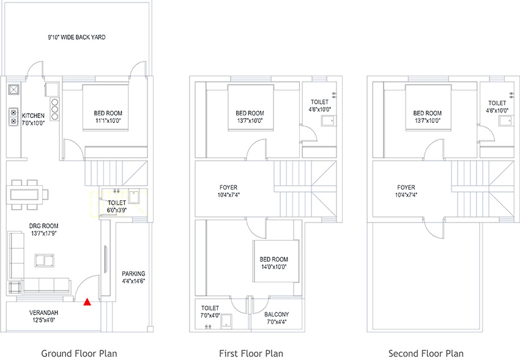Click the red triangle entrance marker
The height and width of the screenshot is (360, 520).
tap(87, 302)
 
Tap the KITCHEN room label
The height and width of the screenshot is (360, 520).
tap(33, 116)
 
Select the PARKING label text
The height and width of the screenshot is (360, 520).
tap(133, 274)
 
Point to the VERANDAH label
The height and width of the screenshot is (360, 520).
tap(43, 312)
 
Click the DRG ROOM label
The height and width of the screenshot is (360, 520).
tap(44, 226)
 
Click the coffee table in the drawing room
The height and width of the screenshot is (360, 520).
tap(45, 260)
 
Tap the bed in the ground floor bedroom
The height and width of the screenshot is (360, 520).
tap(105, 108)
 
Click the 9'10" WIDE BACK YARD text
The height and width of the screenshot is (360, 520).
tap(76, 37)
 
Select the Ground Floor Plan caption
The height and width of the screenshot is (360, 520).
tap(79, 353)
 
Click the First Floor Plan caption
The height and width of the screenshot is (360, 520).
tap(251, 353)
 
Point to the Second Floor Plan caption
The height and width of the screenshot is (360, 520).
tap(426, 353)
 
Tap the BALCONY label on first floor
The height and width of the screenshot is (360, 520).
tap(277, 314)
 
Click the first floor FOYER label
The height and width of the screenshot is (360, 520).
tap(229, 188)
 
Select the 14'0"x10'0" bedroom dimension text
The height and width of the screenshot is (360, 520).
tap(274, 267)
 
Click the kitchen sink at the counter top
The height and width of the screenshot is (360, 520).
tap(13, 89)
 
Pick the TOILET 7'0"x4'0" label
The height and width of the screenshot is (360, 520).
tap(210, 312)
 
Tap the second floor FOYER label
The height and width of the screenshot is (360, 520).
tap(406, 188)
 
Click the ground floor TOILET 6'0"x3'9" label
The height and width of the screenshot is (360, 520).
tap(117, 206)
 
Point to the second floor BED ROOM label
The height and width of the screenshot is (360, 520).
tap(428, 113)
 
